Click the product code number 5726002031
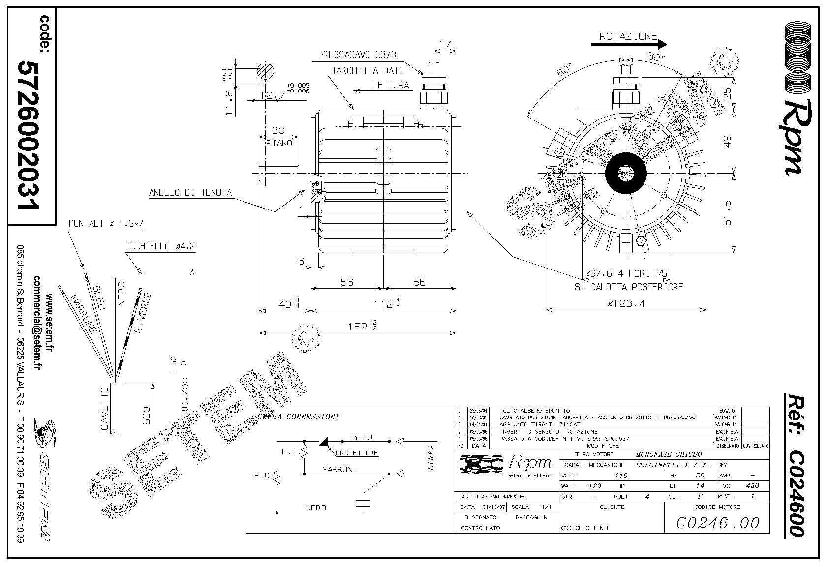[x=29, y=135]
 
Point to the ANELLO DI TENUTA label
[x=190, y=193]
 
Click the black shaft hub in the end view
[x=625, y=172]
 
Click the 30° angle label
[x=656, y=57]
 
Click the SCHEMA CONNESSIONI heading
[x=296, y=417]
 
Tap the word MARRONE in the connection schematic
[x=339, y=469]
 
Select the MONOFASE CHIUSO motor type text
[x=669, y=454]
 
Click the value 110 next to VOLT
[x=622, y=475]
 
